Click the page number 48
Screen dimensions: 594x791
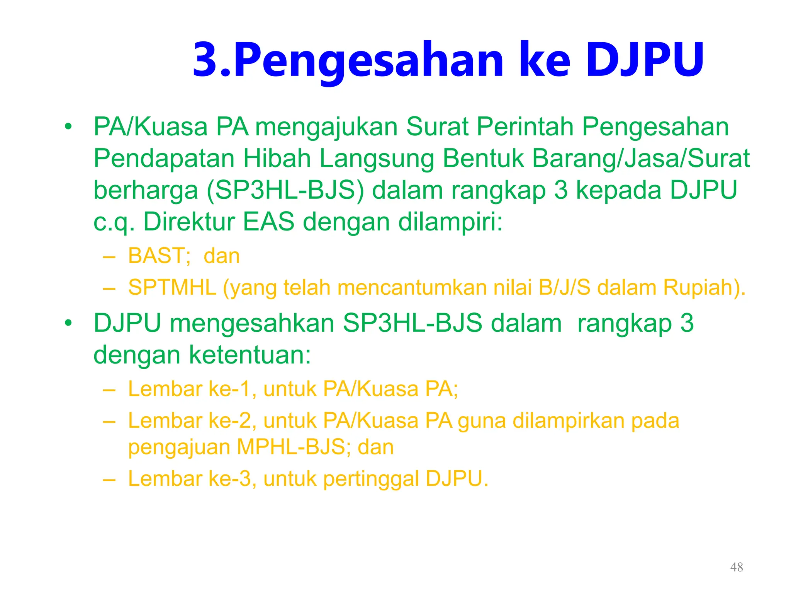pos(737,567)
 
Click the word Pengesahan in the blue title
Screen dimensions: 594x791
pos(368,61)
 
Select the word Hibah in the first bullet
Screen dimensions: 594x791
pos(277,159)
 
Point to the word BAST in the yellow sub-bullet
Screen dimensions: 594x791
pos(159,256)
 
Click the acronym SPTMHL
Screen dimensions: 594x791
pos(172,287)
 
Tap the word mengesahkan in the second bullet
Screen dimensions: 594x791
pos(252,323)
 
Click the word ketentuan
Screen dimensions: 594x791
pos(250,355)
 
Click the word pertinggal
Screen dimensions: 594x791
pos(371,479)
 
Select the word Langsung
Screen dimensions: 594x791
pos(377,159)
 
